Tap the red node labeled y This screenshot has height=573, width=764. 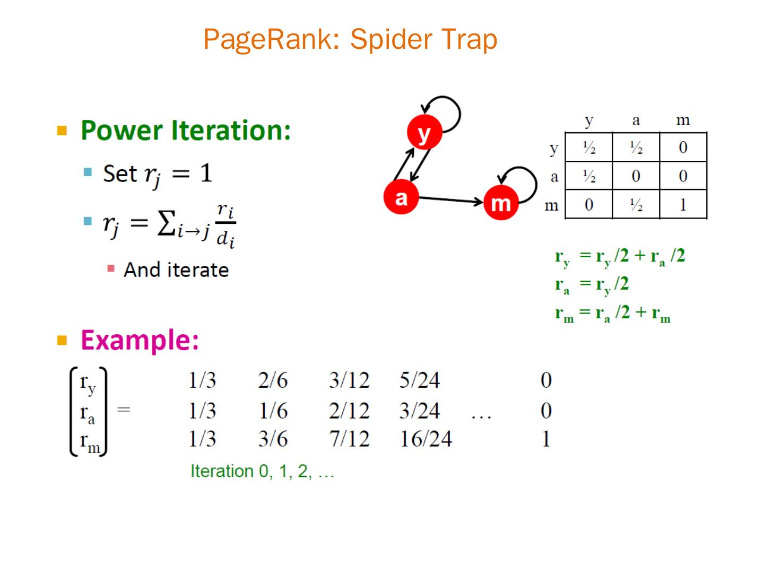[424, 132]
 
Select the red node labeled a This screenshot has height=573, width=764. [401, 197]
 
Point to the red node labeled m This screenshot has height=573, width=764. [500, 202]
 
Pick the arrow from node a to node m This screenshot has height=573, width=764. [451, 199]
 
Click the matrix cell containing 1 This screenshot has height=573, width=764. [683, 204]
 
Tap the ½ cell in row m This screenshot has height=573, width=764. [636, 204]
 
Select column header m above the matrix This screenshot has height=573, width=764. [683, 120]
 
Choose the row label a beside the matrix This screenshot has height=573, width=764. [554, 176]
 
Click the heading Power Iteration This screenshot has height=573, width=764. [186, 130]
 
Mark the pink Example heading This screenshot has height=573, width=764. [140, 340]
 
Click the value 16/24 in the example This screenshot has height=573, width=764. [426, 439]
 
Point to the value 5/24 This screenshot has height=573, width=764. [419, 380]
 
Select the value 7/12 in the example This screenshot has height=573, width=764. [349, 439]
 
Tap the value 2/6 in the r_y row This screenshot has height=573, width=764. [273, 380]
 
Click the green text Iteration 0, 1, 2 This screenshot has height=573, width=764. [262, 471]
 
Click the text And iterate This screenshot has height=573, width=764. [176, 270]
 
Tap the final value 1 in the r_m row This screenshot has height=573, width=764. [546, 439]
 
